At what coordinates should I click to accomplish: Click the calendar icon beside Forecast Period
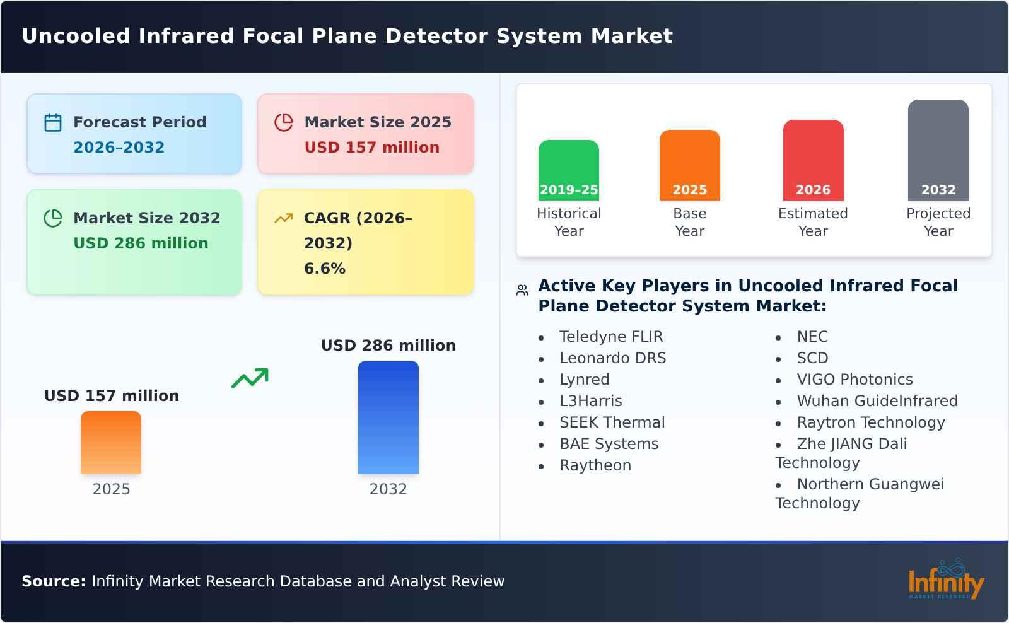coord(53,122)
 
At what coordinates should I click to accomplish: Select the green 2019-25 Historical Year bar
coord(568,170)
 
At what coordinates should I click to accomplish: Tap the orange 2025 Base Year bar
coord(689,165)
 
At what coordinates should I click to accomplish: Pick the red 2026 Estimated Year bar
coord(813,160)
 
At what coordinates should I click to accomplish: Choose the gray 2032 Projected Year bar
coord(938,149)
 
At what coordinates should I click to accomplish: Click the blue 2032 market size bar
coord(388,417)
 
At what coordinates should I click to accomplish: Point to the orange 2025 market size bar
coord(111,442)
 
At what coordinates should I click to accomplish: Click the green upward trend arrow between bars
coord(250,378)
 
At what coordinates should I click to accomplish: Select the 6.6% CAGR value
coord(324,269)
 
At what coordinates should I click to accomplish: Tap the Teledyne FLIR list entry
coord(610,337)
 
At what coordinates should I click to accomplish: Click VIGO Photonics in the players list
coord(854,380)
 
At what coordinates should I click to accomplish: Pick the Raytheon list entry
coord(595,465)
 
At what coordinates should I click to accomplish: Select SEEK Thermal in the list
coord(612,422)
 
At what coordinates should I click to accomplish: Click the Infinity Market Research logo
coord(945,580)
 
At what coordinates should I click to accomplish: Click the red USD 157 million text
coord(371,148)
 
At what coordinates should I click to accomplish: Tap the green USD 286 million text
coord(141,243)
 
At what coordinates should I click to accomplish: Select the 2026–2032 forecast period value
coord(119,148)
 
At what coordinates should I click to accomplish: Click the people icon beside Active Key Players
coord(522,290)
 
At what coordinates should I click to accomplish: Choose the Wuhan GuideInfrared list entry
coord(877,401)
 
